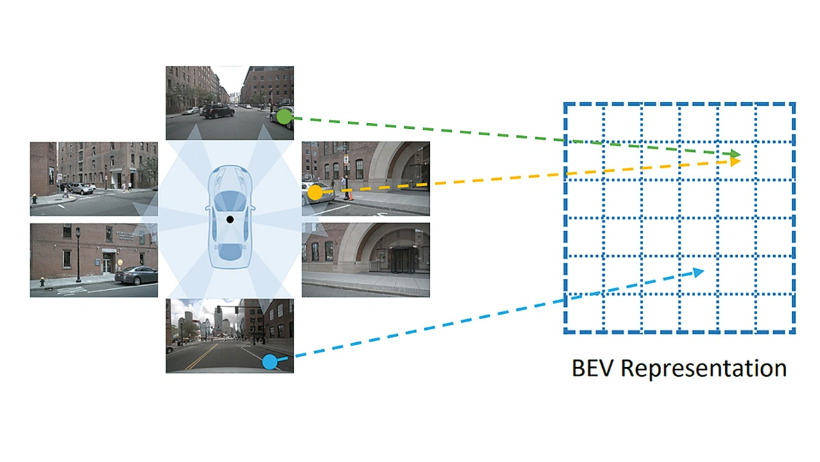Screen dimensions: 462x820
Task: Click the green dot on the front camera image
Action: (x=282, y=117)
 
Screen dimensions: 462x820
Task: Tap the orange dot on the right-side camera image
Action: (x=315, y=192)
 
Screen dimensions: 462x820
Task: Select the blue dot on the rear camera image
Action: (x=270, y=362)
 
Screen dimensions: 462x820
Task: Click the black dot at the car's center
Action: (x=229, y=220)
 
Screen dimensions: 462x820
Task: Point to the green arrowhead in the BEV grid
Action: (x=735, y=155)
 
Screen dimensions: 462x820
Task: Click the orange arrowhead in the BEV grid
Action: (x=735, y=161)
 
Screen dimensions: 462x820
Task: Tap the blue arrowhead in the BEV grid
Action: (x=698, y=272)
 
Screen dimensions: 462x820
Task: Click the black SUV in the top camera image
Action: (x=218, y=111)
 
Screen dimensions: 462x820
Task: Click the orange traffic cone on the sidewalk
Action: (x=348, y=194)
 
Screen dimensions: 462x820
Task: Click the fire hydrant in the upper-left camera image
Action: (x=35, y=199)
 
